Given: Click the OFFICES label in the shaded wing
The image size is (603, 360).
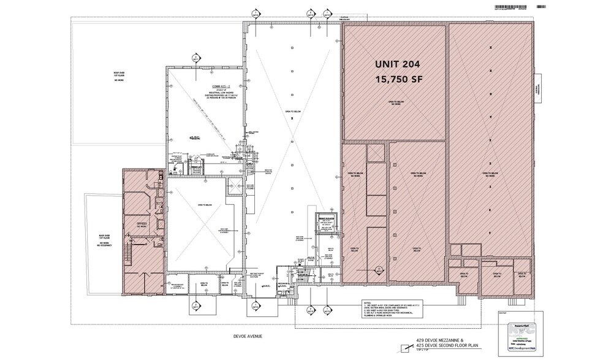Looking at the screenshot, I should coord(142,223).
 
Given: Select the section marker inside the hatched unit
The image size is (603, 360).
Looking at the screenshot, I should coord(379,269).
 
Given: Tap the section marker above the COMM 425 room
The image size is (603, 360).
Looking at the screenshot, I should coord(195,59).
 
